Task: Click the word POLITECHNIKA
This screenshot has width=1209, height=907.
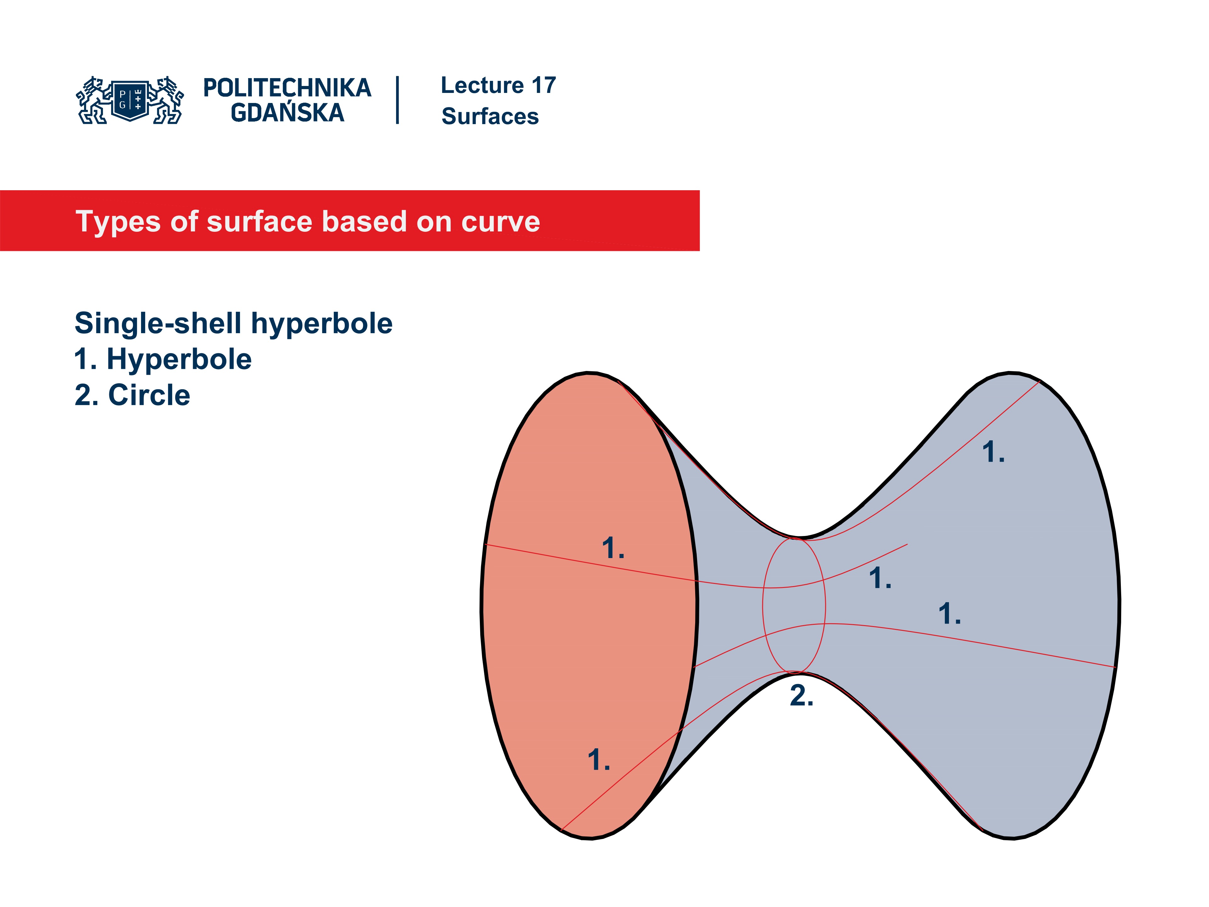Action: click(287, 88)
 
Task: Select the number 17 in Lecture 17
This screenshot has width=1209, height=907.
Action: click(543, 85)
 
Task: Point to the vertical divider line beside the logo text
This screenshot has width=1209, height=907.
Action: click(397, 100)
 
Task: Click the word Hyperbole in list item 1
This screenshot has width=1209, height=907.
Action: click(179, 359)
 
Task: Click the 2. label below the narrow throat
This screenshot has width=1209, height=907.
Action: click(801, 696)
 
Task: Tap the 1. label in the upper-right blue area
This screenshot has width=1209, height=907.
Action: click(993, 452)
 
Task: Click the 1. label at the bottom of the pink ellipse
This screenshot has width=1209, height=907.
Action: click(599, 760)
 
